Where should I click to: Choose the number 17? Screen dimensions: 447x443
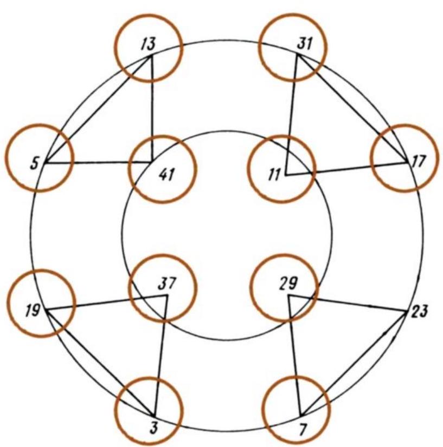[418, 161]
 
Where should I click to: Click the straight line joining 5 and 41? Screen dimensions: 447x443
[98, 162]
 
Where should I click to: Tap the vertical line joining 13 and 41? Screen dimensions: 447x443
[152, 108]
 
